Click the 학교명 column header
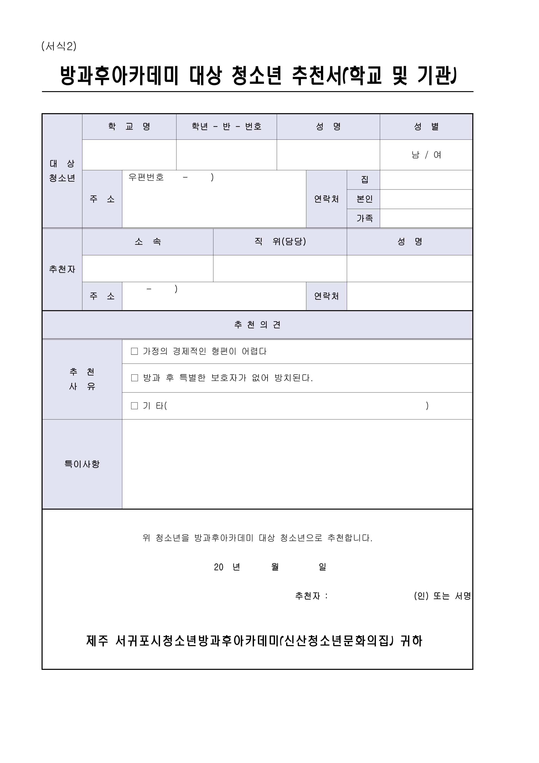click(129, 127)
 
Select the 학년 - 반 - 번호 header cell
click(227, 127)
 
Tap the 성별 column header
click(426, 127)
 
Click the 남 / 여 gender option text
click(426, 155)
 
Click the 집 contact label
click(364, 180)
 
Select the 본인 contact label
click(364, 199)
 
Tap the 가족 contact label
click(364, 218)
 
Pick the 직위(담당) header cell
click(280, 242)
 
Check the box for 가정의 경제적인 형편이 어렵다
click(135, 351)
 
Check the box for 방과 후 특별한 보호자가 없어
click(135, 378)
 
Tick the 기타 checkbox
click(135, 406)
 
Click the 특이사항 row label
click(82, 464)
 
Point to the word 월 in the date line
click(275, 567)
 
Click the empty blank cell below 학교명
click(129, 155)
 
